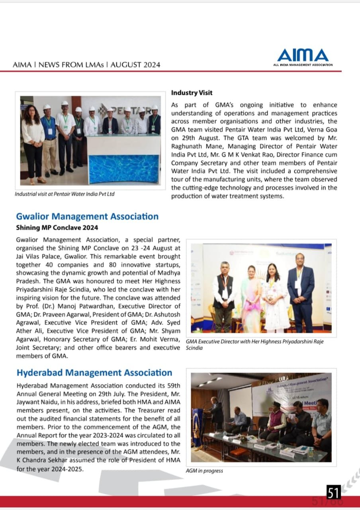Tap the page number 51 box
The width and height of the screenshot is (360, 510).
click(334, 492)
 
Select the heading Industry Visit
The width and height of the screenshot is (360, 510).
click(192, 93)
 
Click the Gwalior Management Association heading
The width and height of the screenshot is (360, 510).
click(87, 216)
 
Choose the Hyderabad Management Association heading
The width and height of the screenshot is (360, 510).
click(94, 373)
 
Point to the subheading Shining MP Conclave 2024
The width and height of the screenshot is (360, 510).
click(57, 228)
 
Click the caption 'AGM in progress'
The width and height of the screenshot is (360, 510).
click(204, 471)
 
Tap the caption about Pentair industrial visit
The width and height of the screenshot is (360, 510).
click(65, 194)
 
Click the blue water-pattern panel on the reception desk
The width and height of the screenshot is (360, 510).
click(124, 169)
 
